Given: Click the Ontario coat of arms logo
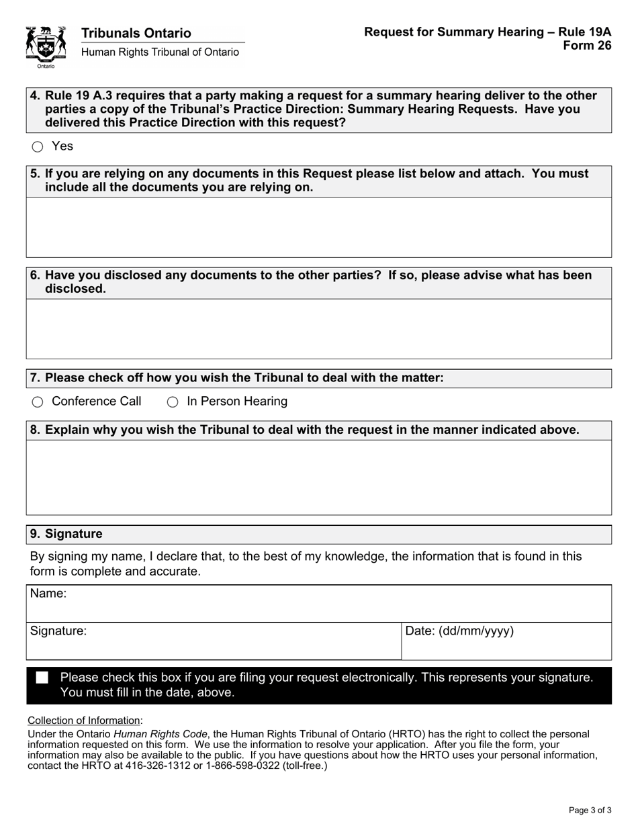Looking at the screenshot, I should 46,46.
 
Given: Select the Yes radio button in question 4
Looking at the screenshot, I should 38,146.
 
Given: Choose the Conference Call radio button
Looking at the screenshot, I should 38,402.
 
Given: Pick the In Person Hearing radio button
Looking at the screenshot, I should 173,402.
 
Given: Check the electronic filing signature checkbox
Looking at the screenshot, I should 42,678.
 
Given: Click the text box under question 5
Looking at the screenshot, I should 319,227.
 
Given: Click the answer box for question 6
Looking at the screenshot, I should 319,328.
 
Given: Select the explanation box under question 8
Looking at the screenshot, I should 319,477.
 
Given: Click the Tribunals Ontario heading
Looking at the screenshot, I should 136,33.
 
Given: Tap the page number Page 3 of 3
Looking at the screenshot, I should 590,810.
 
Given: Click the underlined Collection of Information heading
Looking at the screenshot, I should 84,721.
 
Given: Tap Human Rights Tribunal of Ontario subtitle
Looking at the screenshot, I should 160,52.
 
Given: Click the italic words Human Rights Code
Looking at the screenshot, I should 161,734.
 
